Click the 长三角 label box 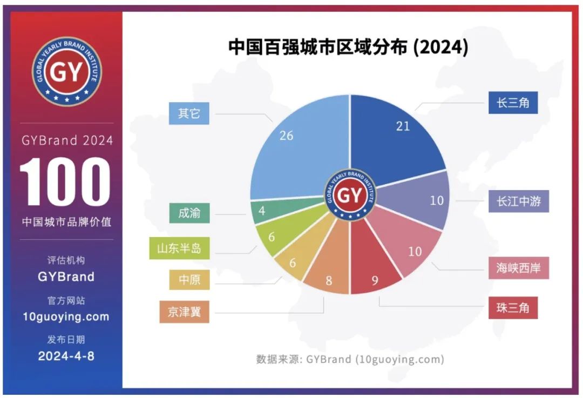coord(513,102)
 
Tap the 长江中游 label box coord(518,201)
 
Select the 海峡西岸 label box coord(518,268)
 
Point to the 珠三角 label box coord(513,308)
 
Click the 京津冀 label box coord(184,312)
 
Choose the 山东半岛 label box coord(179,248)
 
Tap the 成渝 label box coord(189,212)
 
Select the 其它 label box coord(189,114)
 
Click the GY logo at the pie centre coord(350,195)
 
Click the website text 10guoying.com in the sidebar coord(66,316)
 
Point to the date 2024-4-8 coord(66,356)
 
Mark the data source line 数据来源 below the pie coord(350,359)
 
